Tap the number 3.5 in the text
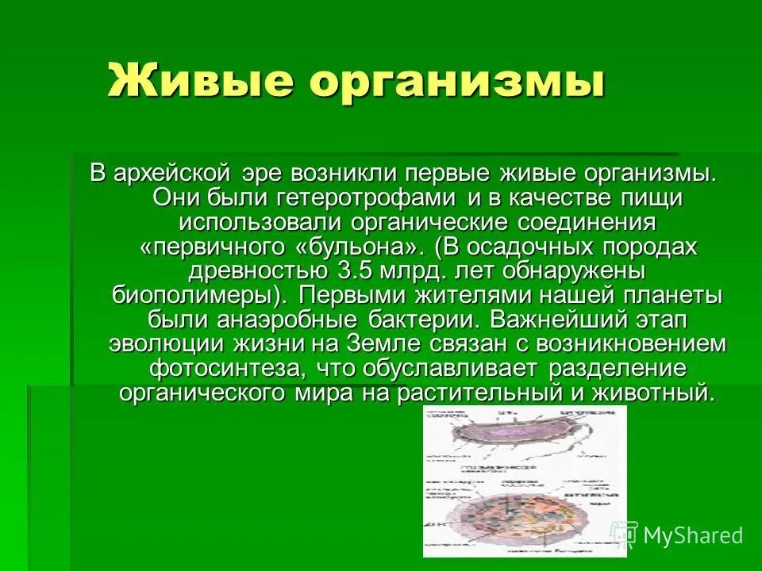coord(360,270)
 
